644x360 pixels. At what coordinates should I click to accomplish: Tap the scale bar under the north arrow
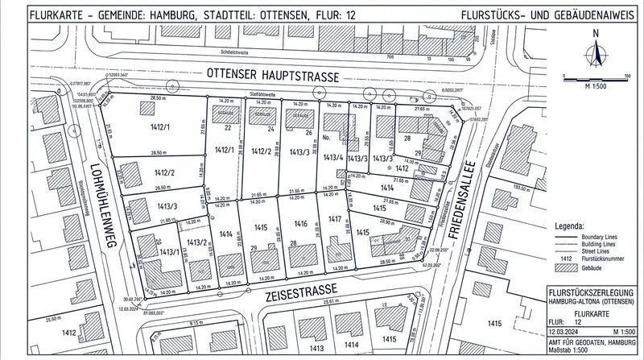point(595,77)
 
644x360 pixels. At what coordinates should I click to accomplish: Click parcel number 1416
point(300,222)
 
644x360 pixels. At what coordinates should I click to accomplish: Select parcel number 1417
point(334,218)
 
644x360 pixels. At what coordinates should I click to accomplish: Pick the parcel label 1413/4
point(333,158)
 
